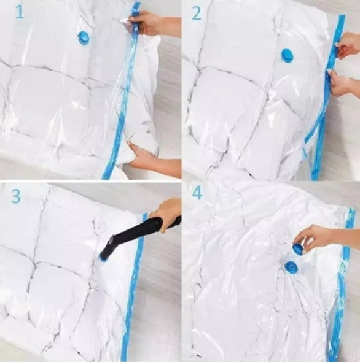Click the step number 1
point(20,12)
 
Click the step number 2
point(197,13)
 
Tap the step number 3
point(16,196)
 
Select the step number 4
point(197,193)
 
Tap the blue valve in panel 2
point(287,56)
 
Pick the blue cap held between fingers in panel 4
point(299,248)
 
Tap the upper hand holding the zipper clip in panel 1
point(152,23)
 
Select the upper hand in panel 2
point(348,44)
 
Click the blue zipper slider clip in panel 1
point(136,23)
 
